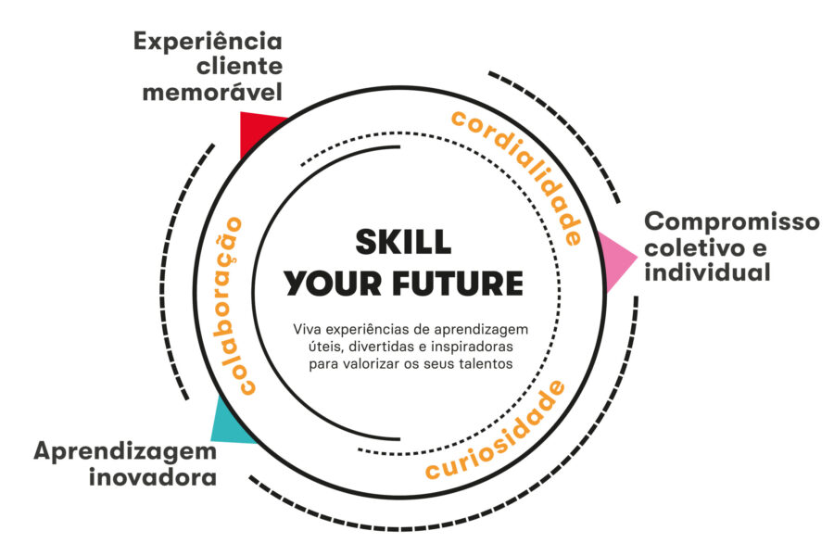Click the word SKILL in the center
click(403, 242)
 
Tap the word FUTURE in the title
click(458, 283)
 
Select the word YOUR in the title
click(333, 283)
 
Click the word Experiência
click(208, 42)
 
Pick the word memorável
click(212, 92)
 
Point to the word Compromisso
click(732, 222)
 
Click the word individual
click(707, 272)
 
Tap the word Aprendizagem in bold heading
click(125, 453)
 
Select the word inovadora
click(153, 476)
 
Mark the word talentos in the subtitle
click(486, 364)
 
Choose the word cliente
click(239, 67)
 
